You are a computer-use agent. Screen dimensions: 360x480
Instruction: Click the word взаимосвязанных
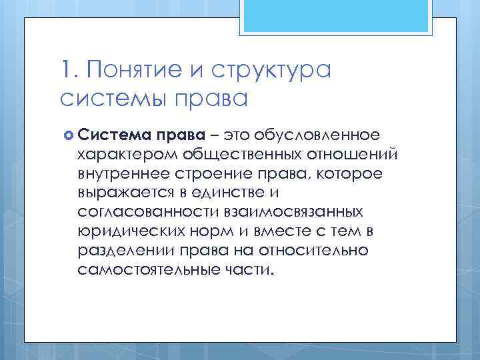(285, 212)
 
